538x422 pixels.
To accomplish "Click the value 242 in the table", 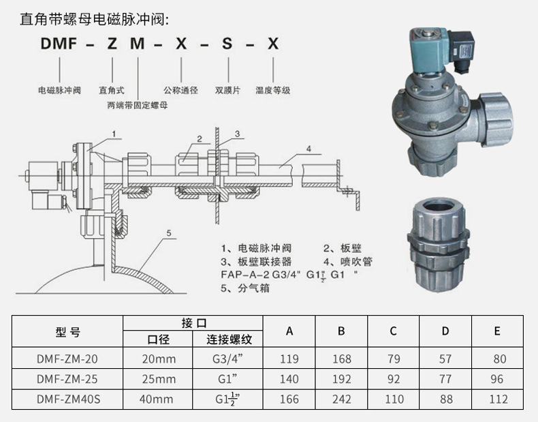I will click(x=341, y=400).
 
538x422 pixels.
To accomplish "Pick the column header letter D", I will click(x=445, y=331).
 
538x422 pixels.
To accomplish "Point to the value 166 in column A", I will click(x=289, y=400).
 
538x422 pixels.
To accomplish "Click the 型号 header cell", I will click(x=67, y=332).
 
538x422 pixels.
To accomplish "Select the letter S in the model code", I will click(x=228, y=45).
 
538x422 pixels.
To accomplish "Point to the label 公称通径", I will click(x=180, y=89).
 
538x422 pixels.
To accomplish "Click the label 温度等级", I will click(x=273, y=89).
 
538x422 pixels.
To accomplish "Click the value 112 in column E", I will click(x=497, y=400).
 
